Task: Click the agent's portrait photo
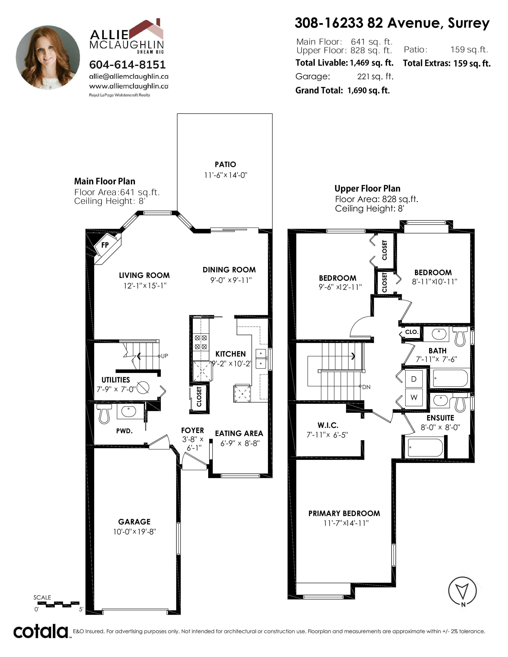click(48, 58)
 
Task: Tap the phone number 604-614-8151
click(127, 65)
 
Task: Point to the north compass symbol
click(463, 591)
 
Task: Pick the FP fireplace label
click(105, 245)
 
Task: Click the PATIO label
click(225, 165)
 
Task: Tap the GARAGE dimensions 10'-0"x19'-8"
click(134, 532)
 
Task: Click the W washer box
click(414, 397)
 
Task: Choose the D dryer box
click(414, 379)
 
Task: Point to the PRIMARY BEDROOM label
click(344, 513)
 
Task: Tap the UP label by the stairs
click(164, 356)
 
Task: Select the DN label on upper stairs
click(366, 387)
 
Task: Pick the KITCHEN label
click(230, 354)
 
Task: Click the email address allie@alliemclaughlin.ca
click(129, 76)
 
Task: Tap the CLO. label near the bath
click(412, 332)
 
